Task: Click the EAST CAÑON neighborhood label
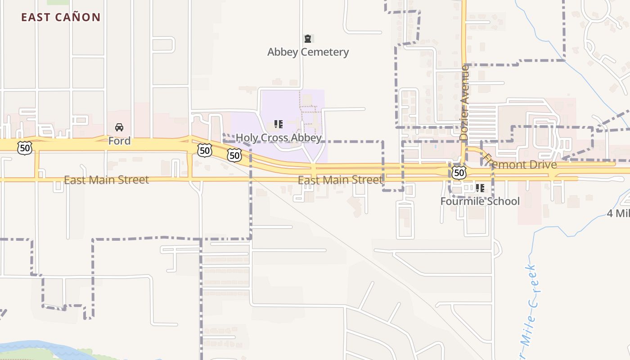point(61,18)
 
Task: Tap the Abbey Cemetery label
point(308,52)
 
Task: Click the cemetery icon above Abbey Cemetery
point(308,39)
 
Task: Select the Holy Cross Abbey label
point(279,138)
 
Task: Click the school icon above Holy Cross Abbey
point(279,124)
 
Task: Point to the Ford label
point(119,141)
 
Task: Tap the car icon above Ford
point(119,127)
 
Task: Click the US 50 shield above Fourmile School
point(459,172)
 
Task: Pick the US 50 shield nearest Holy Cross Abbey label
point(234,155)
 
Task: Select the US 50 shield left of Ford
point(25,147)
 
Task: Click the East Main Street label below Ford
point(106,180)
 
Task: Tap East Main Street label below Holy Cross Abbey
point(340,180)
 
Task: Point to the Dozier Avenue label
point(464,102)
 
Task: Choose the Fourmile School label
point(480,201)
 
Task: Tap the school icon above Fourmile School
point(480,188)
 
